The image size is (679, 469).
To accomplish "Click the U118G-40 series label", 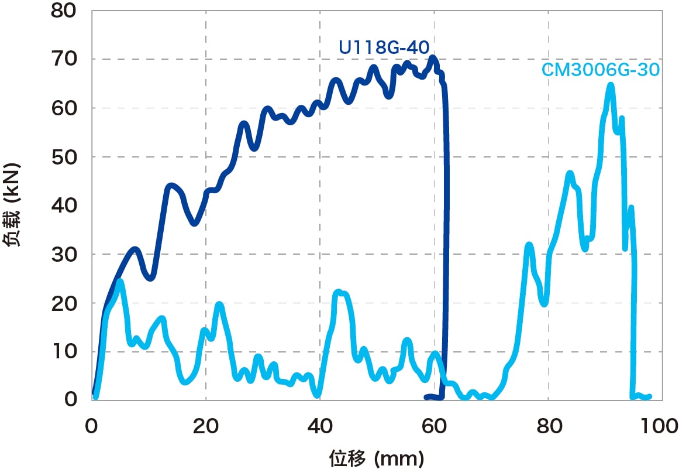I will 384,47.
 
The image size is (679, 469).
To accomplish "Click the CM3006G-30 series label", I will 601,70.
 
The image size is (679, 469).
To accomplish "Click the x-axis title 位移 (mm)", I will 376,456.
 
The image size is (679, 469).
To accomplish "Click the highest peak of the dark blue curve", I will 433,57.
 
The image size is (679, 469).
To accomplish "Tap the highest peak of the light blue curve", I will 611,85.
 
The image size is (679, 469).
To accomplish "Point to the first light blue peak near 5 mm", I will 120,282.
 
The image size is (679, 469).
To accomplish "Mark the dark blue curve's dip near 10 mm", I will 150,278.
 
